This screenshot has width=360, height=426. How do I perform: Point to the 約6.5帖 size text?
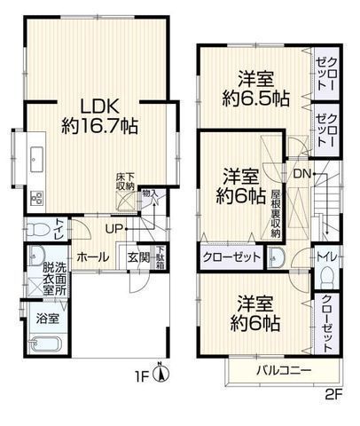click(254, 98)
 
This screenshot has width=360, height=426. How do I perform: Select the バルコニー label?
click(284, 369)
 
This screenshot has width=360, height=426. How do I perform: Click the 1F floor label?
click(141, 375)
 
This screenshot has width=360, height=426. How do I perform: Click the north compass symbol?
click(159, 373)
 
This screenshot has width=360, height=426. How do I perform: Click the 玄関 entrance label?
click(137, 256)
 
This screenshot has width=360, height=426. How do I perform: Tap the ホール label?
click(93, 256)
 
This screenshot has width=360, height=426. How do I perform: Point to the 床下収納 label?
click(125, 182)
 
